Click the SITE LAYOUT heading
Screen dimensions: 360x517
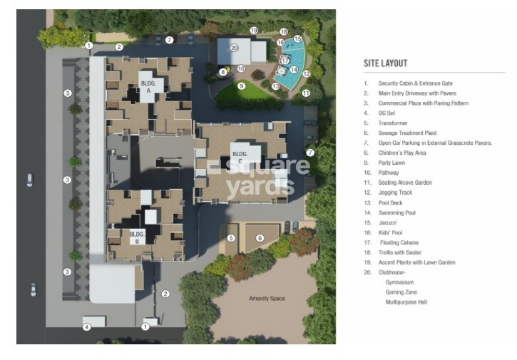385,63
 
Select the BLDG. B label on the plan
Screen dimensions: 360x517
136,236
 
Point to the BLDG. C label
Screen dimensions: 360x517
240,156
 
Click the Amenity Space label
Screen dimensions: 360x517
267,298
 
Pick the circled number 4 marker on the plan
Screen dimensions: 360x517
86,327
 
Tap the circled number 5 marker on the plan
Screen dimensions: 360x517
231,237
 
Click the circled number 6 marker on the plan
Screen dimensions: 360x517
260,237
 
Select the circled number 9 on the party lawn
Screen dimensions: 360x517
242,86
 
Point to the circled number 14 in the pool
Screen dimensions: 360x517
293,70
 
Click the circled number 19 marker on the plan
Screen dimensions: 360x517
253,31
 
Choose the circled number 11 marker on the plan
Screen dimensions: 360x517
305,93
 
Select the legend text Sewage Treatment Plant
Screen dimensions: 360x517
405,133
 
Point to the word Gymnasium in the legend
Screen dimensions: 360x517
399,282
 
